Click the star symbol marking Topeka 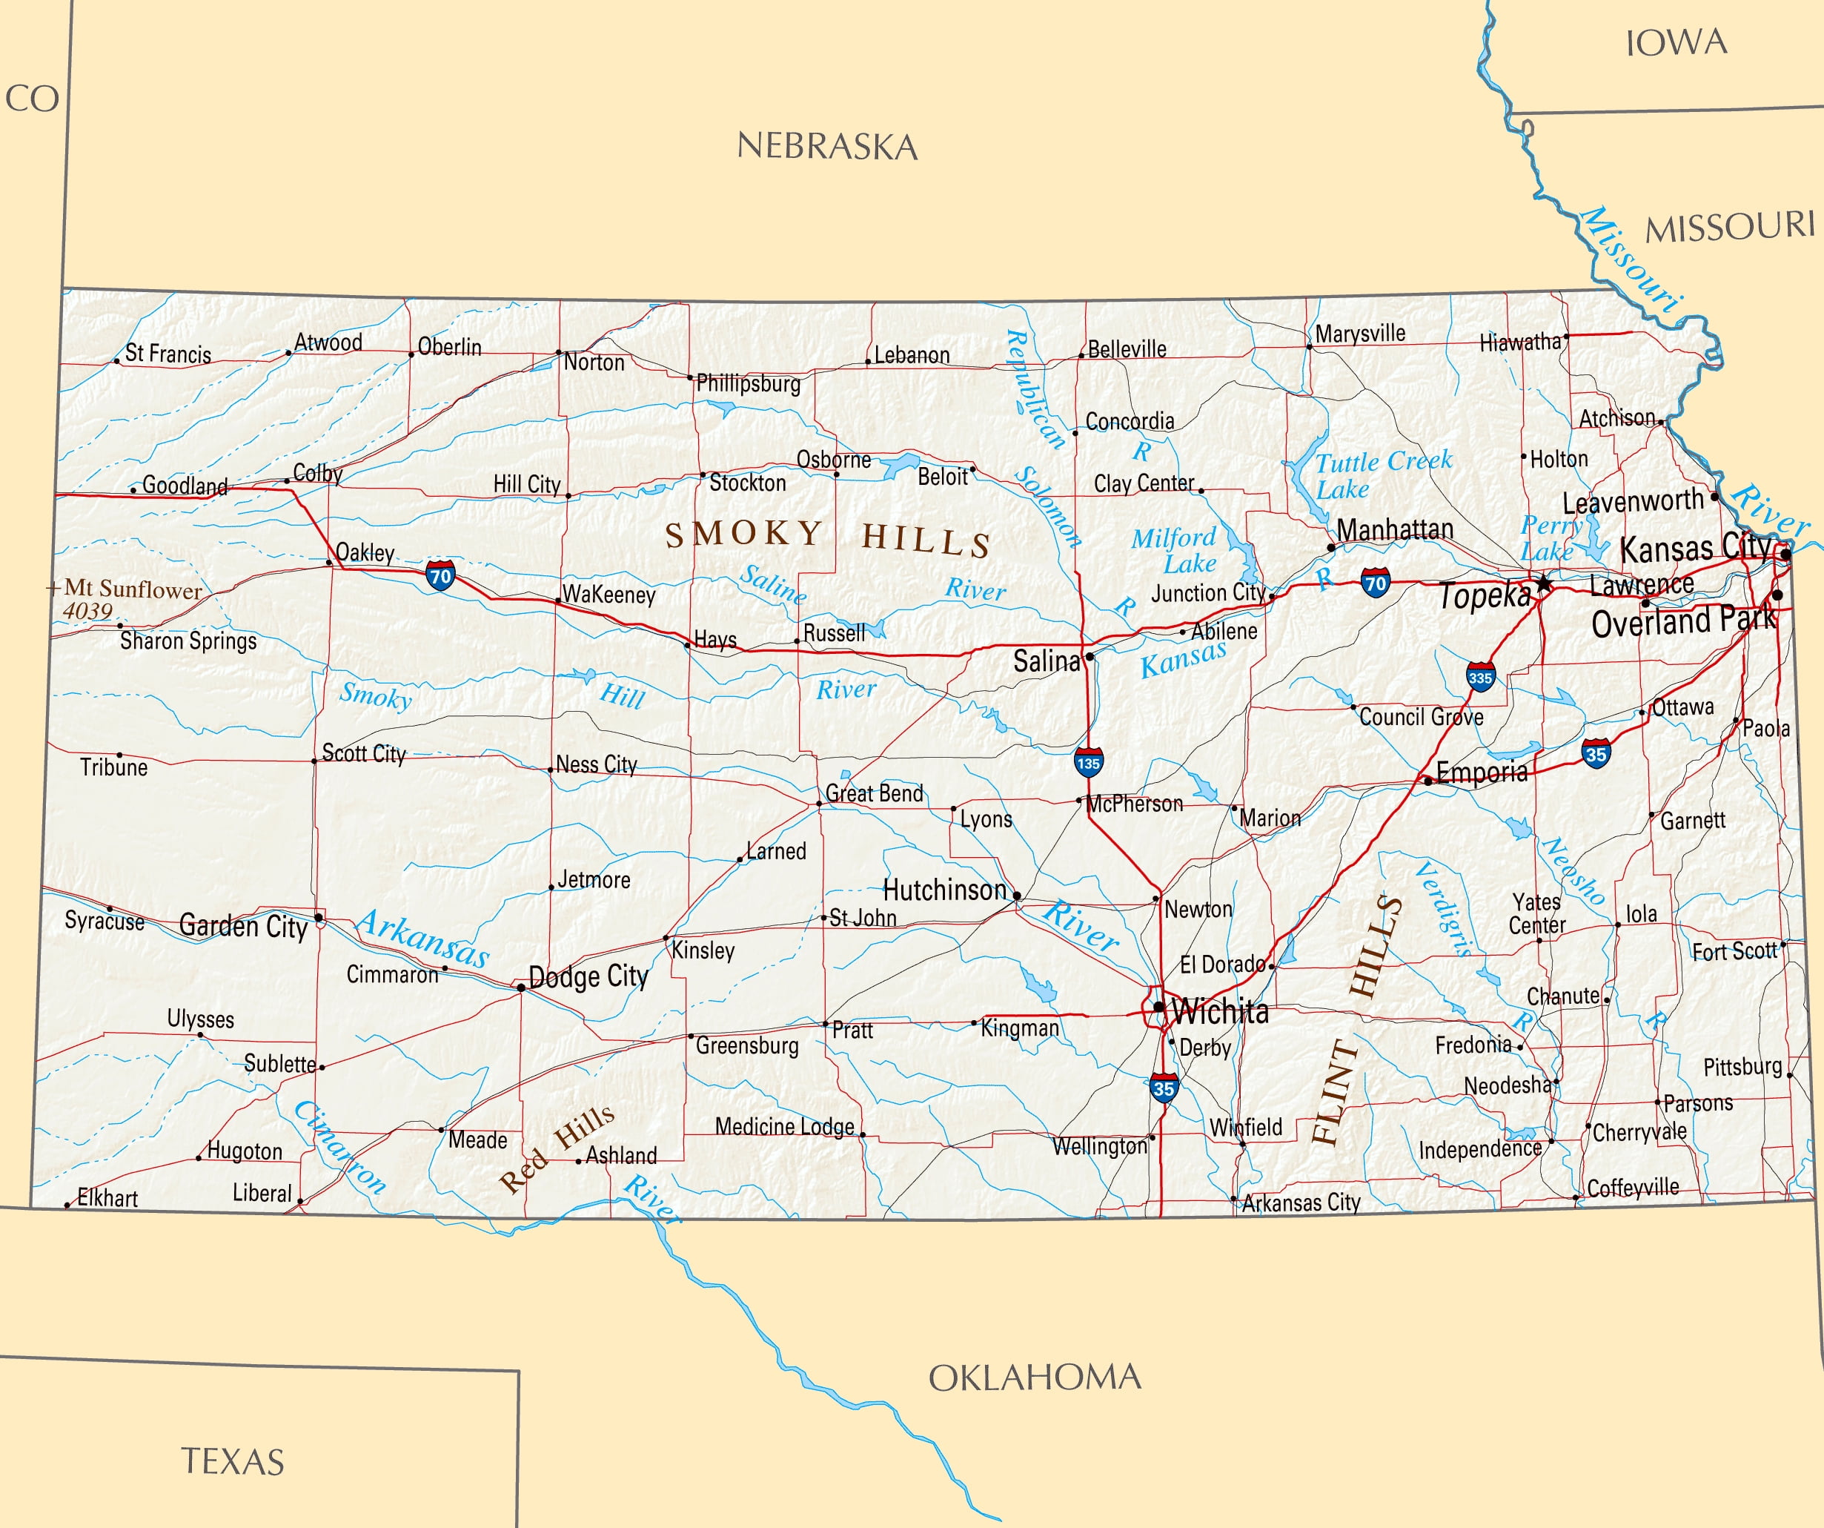[x=1542, y=582]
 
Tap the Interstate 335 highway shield [x=1481, y=677]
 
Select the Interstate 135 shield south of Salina [x=1088, y=762]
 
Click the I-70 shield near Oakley [x=440, y=575]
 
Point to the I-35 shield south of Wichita [x=1164, y=1088]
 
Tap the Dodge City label [x=588, y=976]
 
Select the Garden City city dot [x=319, y=917]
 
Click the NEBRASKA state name [x=827, y=146]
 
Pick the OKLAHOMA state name [x=1035, y=1377]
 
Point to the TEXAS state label [x=233, y=1462]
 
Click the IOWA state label [x=1676, y=42]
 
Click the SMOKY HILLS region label [x=827, y=537]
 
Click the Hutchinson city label [x=944, y=890]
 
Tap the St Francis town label [x=168, y=354]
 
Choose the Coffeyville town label [x=1633, y=1188]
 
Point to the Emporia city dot [x=1428, y=781]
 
